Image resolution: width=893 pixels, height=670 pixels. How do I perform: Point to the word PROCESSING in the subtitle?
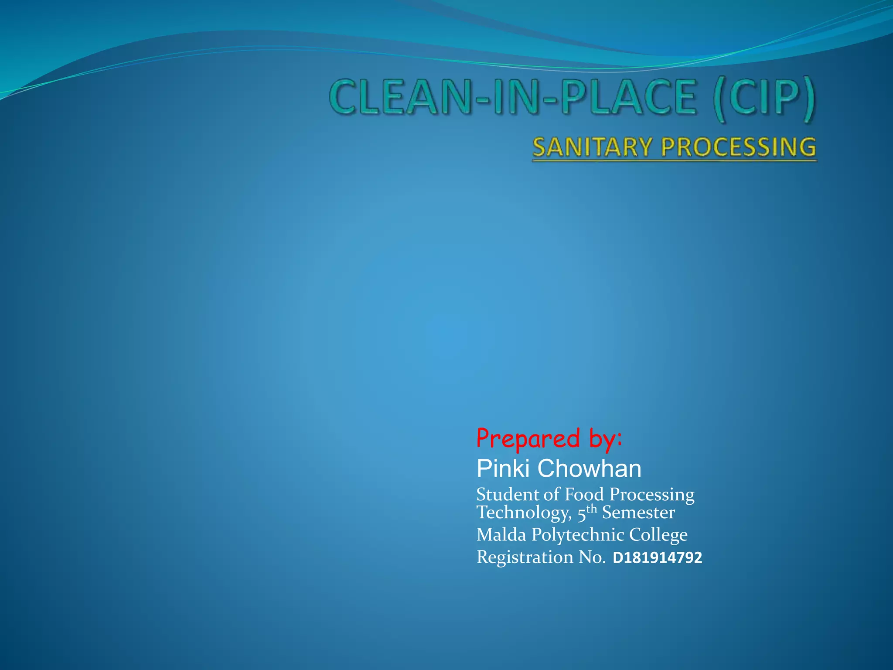click(738, 147)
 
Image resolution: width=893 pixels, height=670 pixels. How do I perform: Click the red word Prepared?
click(528, 439)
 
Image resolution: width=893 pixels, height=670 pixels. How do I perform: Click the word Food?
click(584, 495)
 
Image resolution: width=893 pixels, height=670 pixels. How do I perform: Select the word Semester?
click(638, 513)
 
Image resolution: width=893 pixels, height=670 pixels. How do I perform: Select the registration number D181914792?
click(658, 558)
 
